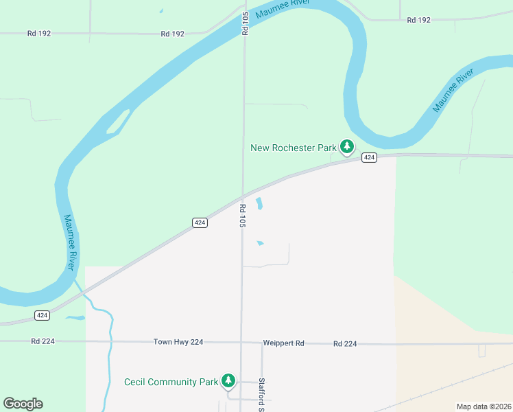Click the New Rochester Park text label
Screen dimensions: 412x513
[294, 148]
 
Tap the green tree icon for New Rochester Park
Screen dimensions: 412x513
[347, 146]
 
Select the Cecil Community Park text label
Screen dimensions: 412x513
[170, 382]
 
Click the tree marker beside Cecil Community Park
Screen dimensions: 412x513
[228, 381]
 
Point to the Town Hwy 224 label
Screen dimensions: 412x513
[178, 342]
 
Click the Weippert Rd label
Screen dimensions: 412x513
[283, 343]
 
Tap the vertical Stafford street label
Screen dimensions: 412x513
[261, 393]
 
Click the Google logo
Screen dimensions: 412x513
[23, 404]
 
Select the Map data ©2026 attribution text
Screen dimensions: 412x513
[484, 407]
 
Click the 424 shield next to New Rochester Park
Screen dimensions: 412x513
[369, 158]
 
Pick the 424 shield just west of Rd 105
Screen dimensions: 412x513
[200, 222]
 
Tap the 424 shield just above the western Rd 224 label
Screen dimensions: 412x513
[43, 315]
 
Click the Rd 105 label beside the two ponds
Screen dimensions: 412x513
[243, 215]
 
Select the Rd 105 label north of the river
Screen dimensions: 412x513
[244, 23]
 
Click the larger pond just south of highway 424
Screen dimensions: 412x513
[259, 203]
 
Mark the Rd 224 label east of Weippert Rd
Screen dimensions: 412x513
[345, 343]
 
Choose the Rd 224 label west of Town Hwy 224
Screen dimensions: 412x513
[42, 341]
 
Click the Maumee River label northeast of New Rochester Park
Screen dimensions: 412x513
[453, 91]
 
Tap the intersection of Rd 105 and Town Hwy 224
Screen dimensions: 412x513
[241, 342]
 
